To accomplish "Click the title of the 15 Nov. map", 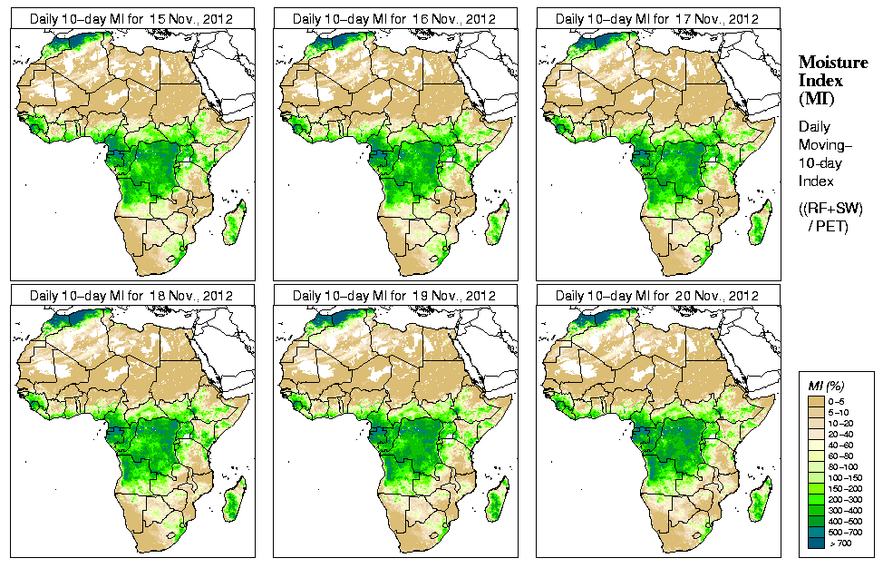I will tap(131, 18).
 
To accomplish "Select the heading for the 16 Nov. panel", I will tap(394, 18).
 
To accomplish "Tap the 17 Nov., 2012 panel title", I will tap(657, 18).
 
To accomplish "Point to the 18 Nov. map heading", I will tap(131, 296).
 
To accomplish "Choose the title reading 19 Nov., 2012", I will tap(394, 296).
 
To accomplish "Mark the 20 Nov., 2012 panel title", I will tap(657, 296).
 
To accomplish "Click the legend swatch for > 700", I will tap(816, 543).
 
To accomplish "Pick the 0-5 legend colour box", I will tap(816, 399).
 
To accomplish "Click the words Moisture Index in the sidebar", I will tap(832, 71).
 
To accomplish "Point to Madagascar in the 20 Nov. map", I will tap(761, 501).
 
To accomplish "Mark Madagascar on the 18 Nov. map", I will tap(235, 501).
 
